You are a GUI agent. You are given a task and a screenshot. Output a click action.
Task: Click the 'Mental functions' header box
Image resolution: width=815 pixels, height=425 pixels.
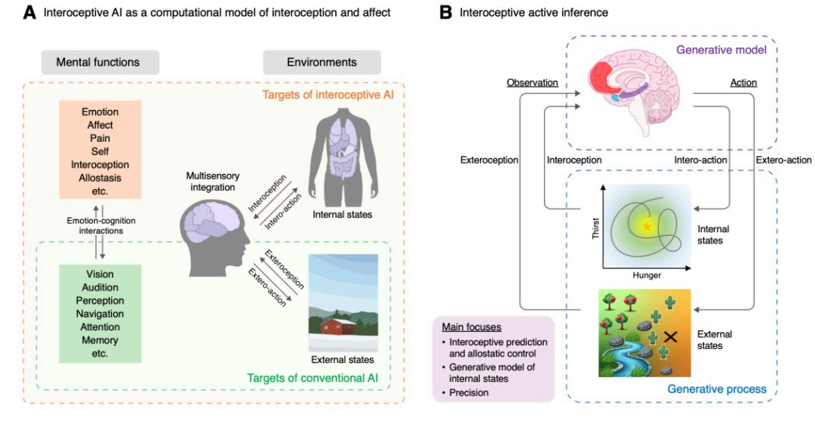click(x=100, y=63)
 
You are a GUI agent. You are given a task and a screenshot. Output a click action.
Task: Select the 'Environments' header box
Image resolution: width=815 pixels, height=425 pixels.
click(x=321, y=63)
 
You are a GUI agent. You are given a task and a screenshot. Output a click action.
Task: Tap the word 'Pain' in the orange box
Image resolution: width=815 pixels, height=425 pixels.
click(x=100, y=138)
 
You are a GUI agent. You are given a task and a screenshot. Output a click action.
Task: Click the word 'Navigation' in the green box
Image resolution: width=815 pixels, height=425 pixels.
click(x=100, y=313)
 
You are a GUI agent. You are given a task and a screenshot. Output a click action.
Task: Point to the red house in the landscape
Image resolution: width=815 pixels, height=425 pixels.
click(x=338, y=326)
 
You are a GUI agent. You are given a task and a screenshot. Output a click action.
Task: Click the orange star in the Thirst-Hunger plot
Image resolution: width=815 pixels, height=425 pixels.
click(x=647, y=226)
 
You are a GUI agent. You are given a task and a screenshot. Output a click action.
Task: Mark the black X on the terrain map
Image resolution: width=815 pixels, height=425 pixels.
click(x=671, y=337)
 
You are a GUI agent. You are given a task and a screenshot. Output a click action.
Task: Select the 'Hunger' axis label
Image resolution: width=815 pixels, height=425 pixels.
click(x=647, y=275)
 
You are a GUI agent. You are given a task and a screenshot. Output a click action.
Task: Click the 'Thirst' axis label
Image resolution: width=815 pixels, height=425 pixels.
click(x=595, y=228)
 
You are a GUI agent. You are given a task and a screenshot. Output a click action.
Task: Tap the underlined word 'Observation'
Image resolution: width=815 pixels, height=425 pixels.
click(x=532, y=82)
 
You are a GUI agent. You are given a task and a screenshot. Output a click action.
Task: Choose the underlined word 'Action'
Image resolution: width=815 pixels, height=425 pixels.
click(x=743, y=82)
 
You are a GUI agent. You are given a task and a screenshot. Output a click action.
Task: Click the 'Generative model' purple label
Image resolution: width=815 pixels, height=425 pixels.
click(x=721, y=50)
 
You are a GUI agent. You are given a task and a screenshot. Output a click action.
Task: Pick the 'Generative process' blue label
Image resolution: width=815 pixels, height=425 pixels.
click(x=717, y=389)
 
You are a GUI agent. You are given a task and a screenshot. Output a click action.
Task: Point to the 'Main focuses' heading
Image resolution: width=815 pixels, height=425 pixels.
click(x=472, y=327)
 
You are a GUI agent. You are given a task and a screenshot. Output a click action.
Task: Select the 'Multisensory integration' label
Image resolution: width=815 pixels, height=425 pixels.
click(x=213, y=182)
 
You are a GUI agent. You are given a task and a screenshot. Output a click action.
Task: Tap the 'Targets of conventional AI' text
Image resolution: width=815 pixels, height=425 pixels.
click(x=312, y=378)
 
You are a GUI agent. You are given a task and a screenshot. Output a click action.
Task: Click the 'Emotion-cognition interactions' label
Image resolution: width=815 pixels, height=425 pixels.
click(x=101, y=226)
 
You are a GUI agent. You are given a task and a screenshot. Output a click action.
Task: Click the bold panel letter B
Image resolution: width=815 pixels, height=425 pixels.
click(x=445, y=12)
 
